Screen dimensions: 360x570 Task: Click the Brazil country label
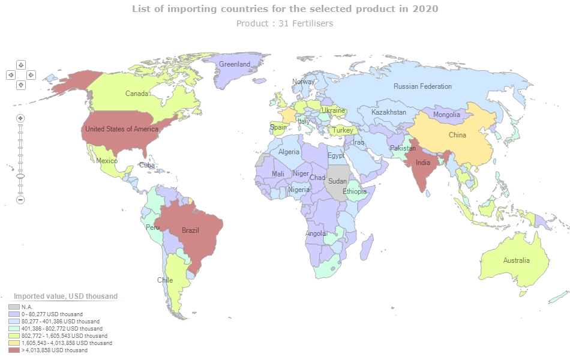pyautogui.click(x=190, y=230)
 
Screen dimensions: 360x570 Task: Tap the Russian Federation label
pyautogui.click(x=422, y=86)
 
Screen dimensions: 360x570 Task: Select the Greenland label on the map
pyautogui.click(x=234, y=64)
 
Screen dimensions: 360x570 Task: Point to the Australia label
pyautogui.click(x=516, y=260)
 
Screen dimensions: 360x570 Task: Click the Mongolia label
pyautogui.click(x=446, y=115)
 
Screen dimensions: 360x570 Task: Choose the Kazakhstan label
pyautogui.click(x=389, y=112)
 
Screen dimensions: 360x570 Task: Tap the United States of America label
pyautogui.click(x=122, y=129)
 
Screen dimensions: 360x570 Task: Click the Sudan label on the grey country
pyautogui.click(x=337, y=181)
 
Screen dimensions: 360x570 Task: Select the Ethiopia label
pyautogui.click(x=355, y=192)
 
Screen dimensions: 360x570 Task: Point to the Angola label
pyautogui.click(x=316, y=233)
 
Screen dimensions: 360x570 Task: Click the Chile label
pyautogui.click(x=165, y=280)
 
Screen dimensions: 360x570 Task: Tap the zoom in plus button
pyautogui.click(x=20, y=118)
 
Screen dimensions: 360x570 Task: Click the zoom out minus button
pyautogui.click(x=20, y=199)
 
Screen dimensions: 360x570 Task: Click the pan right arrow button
pyautogui.click(x=31, y=75)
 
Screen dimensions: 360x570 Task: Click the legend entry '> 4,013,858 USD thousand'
pyautogui.click(x=54, y=350)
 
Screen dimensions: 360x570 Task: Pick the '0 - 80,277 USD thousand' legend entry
pyautogui.click(x=52, y=314)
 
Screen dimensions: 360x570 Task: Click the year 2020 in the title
pyautogui.click(x=425, y=9)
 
